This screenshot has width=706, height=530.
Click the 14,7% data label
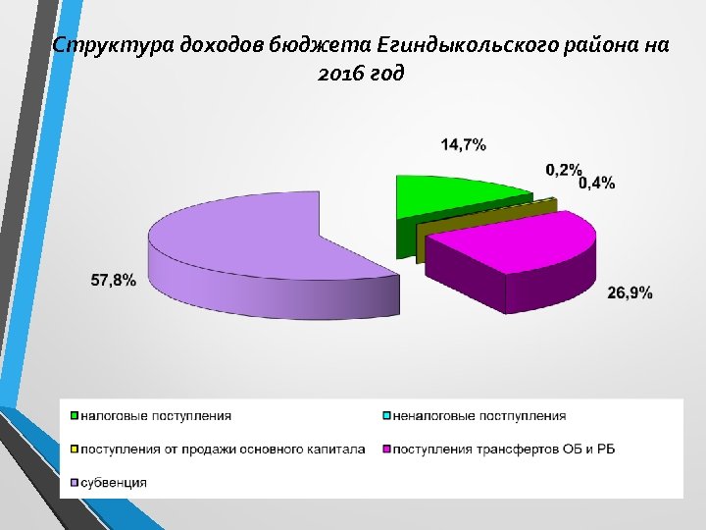click(x=464, y=144)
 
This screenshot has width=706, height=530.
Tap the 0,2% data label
click(x=564, y=170)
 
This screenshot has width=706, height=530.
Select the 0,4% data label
click(x=596, y=183)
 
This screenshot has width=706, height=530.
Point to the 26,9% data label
click(x=629, y=292)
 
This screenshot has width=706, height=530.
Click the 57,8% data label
click(x=113, y=280)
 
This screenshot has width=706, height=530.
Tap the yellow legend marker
click(x=75, y=450)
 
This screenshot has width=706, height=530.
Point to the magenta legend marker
click(x=386, y=450)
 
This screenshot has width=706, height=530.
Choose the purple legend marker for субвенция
click(x=75, y=482)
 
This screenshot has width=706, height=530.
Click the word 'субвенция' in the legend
click(x=114, y=482)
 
